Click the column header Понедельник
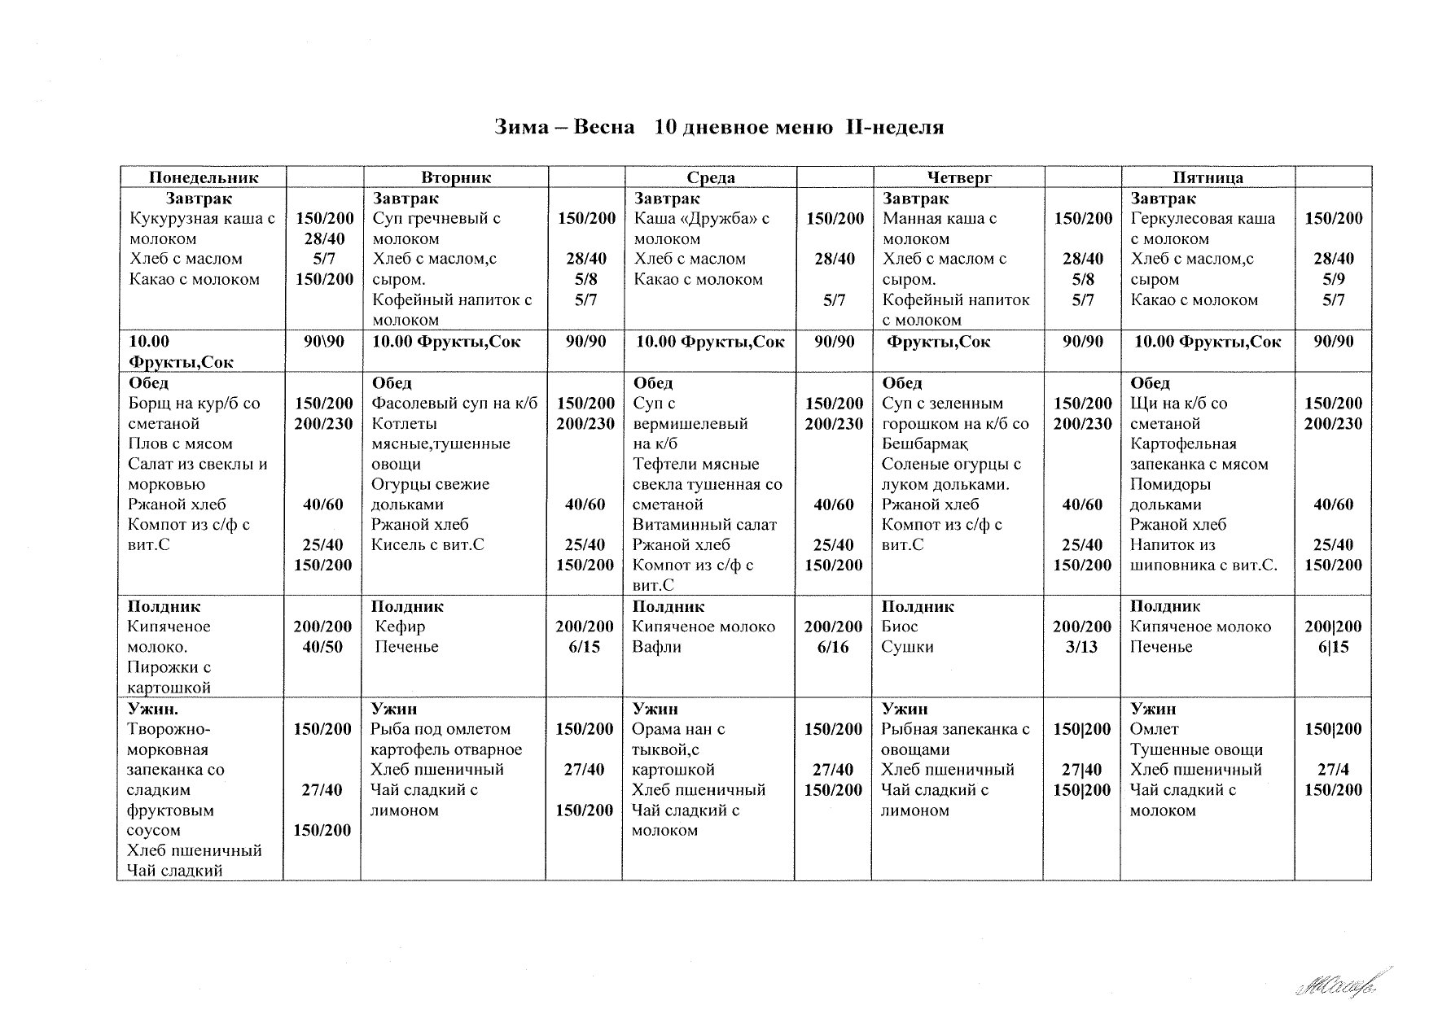click(x=204, y=177)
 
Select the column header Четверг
click(x=958, y=177)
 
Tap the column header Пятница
click(x=1208, y=177)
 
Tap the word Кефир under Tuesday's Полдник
click(x=400, y=627)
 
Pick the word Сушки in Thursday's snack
click(x=908, y=647)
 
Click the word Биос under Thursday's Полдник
click(x=900, y=627)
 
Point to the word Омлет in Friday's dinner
click(x=1155, y=729)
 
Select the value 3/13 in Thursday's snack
click(x=1082, y=647)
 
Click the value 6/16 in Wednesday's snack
click(x=834, y=647)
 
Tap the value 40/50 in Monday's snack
click(x=322, y=647)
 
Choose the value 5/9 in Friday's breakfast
click(x=1334, y=280)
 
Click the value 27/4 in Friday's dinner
click(x=1334, y=770)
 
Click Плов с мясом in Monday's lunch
click(x=180, y=444)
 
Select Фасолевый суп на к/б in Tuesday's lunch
click(x=454, y=404)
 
